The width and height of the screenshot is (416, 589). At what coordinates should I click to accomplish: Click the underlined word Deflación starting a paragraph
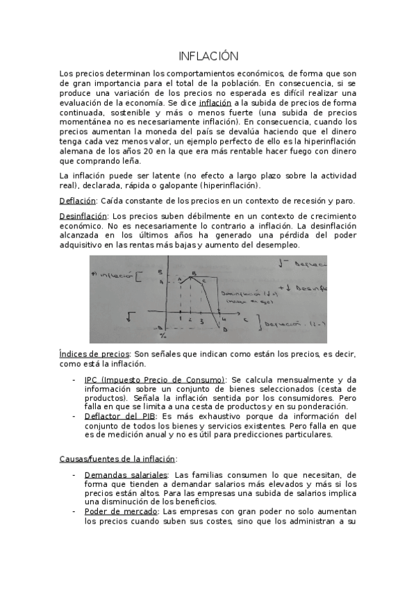pos(76,201)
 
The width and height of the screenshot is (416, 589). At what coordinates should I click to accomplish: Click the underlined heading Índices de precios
pos(94,354)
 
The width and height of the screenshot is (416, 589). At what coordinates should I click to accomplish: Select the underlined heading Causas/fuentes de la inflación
pos(117,458)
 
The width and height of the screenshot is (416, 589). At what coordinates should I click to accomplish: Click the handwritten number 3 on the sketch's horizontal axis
pos(201,322)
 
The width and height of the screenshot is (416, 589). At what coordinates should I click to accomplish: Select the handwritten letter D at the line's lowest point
pos(224,331)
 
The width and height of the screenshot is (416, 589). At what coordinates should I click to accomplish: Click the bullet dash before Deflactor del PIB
pos(74,416)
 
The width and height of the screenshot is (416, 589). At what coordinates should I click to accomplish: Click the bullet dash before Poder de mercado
pos(74,511)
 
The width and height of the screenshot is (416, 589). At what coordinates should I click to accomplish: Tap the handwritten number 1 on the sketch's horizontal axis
pos(180,318)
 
